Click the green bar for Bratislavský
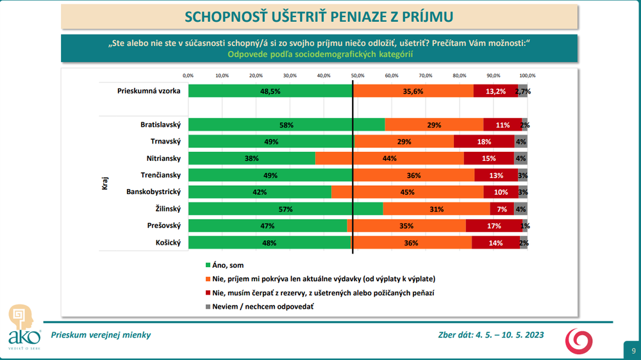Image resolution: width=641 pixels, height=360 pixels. [x=286, y=125]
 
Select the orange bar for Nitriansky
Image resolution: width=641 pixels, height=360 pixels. [x=389, y=158]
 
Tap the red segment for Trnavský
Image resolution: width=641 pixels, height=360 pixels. [x=484, y=142]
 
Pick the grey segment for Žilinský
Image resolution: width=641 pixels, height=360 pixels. [x=520, y=209]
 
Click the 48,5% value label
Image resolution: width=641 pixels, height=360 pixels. [x=269, y=92]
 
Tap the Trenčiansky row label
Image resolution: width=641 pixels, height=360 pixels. [x=161, y=175]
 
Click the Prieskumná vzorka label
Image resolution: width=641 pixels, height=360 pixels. [x=148, y=92]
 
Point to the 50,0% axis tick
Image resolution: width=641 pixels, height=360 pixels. [x=358, y=76]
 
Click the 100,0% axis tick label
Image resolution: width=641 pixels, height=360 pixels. [x=528, y=76]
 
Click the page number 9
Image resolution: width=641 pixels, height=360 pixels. [x=633, y=350]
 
